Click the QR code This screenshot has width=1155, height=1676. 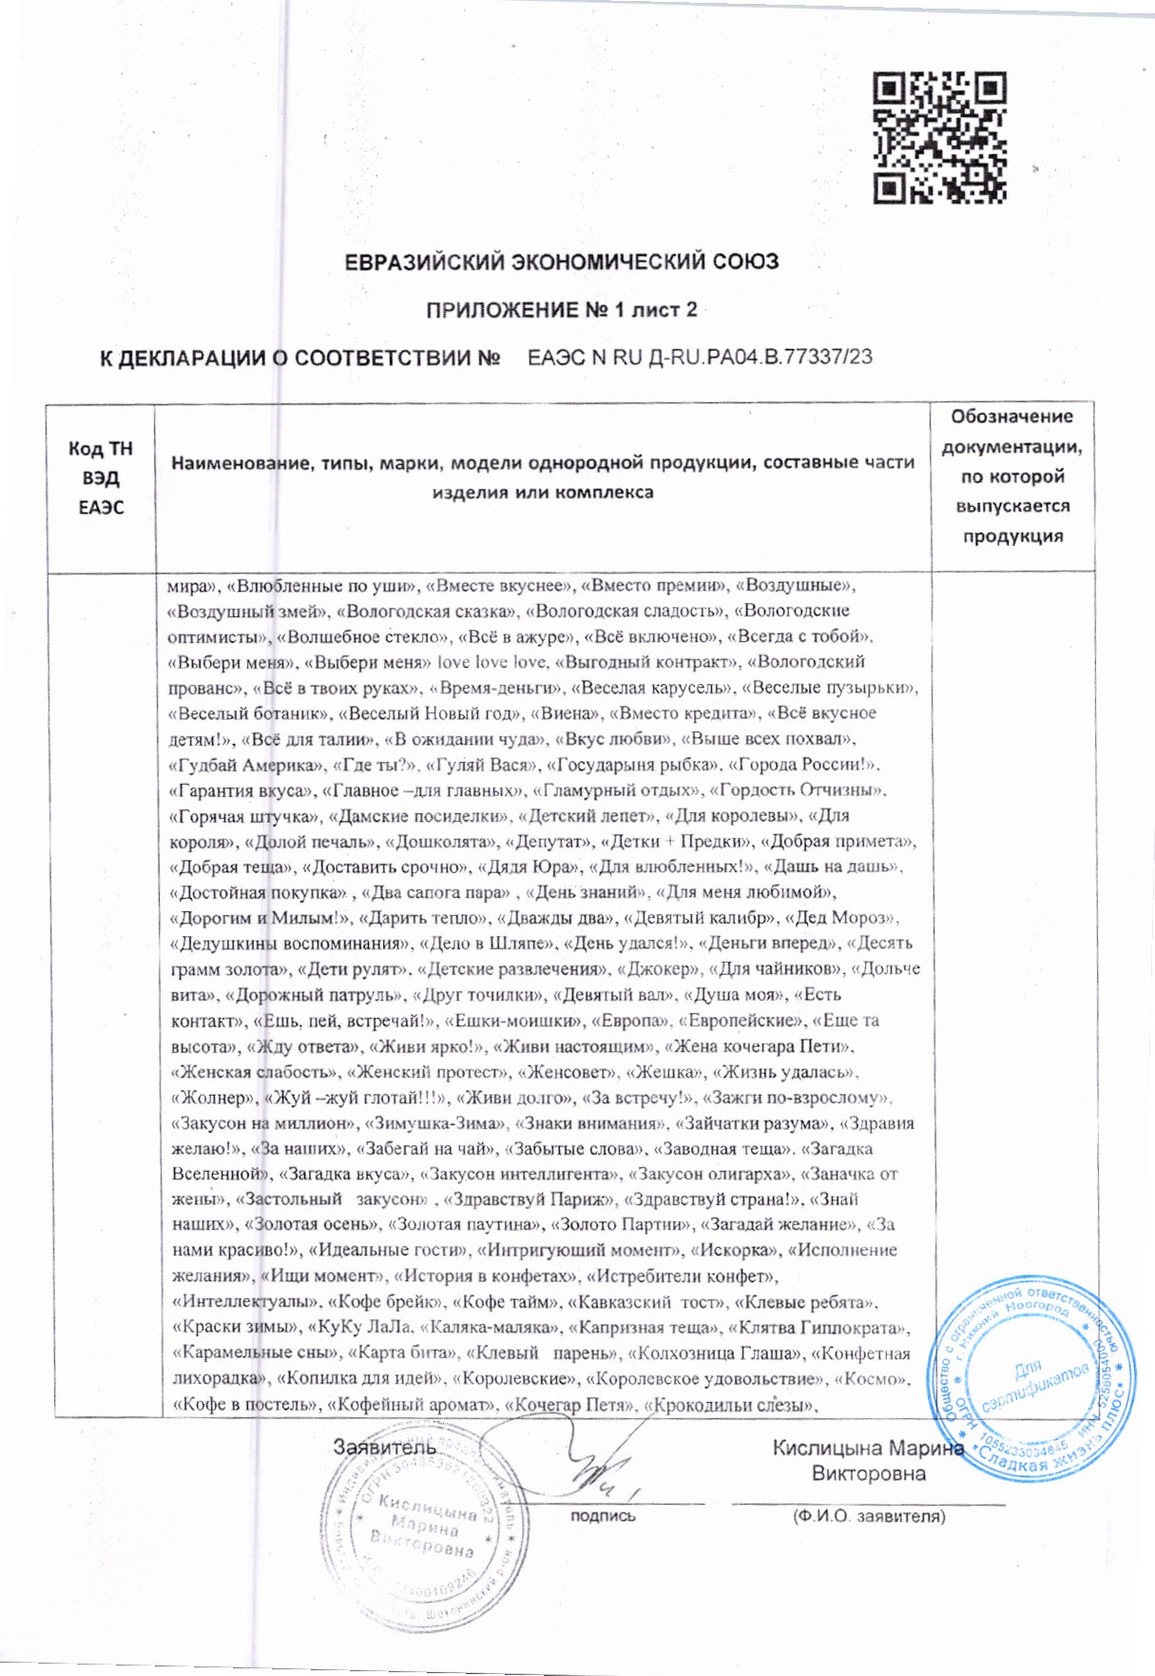[x=939, y=139]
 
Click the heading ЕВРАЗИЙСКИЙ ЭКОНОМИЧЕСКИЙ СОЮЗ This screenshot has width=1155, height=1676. [x=561, y=261]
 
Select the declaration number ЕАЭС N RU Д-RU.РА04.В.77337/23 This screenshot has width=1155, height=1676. [x=700, y=357]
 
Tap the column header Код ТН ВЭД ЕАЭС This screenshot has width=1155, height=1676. [x=101, y=477]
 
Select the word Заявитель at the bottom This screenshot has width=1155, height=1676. [x=384, y=1447]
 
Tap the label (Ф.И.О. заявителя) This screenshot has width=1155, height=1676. [x=869, y=1515]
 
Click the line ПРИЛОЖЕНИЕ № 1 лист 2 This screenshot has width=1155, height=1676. [x=561, y=310]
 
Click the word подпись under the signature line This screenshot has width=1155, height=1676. [x=603, y=1515]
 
